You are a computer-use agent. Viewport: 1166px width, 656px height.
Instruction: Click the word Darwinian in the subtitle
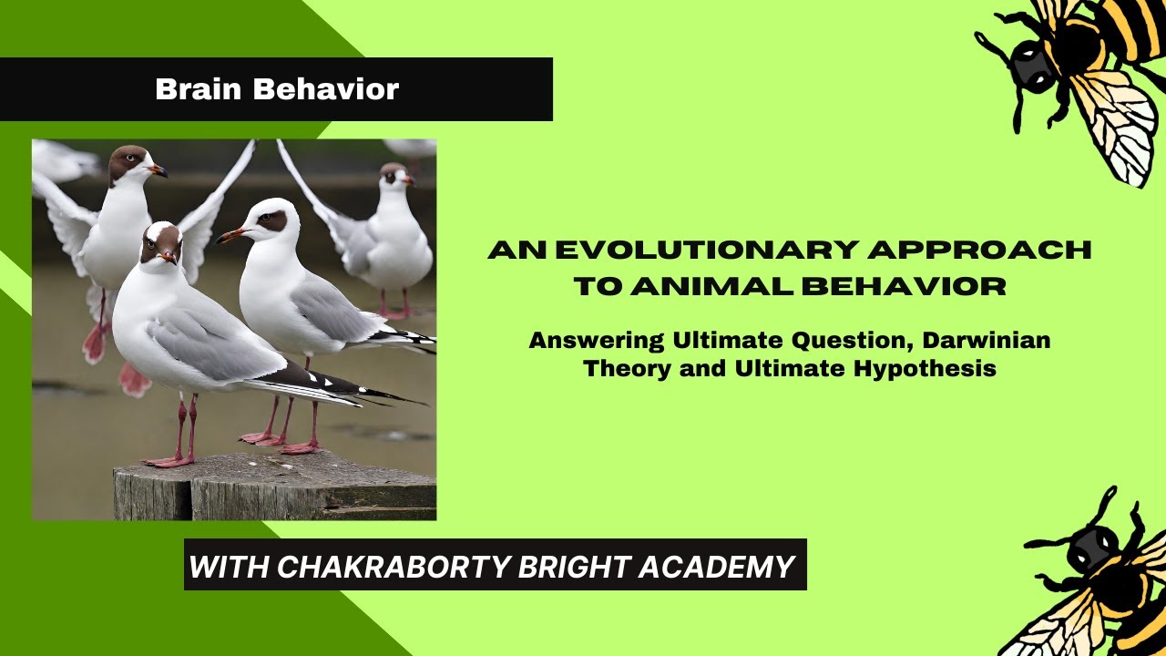pyautogui.click(x=987, y=341)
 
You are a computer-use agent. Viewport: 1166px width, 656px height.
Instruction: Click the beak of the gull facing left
pyautogui.click(x=230, y=235)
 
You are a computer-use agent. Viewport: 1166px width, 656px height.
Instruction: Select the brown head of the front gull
pyautogui.click(x=160, y=241)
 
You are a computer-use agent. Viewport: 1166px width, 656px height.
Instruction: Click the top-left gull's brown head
pyautogui.click(x=128, y=162)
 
